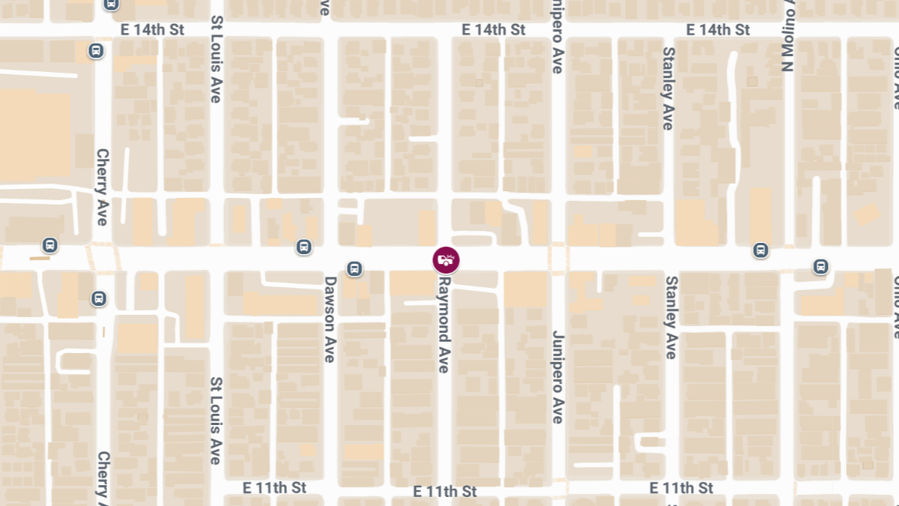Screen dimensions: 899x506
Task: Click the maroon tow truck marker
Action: [x=446, y=260]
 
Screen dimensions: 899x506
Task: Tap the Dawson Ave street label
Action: [x=330, y=319]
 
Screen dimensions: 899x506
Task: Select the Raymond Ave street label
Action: [x=444, y=325]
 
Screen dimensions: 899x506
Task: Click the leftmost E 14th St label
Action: [x=152, y=29]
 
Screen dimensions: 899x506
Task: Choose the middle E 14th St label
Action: [x=494, y=29]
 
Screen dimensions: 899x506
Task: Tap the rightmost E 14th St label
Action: [x=718, y=29]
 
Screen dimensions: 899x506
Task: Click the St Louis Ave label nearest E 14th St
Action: [x=217, y=59]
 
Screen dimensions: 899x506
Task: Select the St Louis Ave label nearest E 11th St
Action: [x=216, y=420]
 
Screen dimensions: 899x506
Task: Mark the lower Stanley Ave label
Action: [x=671, y=317]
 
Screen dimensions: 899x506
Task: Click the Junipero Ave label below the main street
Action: [x=557, y=376]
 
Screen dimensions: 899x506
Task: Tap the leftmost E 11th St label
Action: [x=274, y=487]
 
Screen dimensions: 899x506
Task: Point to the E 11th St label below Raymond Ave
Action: [x=445, y=491]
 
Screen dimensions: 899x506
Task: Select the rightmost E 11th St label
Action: [x=681, y=487]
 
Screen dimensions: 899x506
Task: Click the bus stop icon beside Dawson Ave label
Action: [x=354, y=268]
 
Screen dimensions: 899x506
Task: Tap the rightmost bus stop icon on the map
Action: [x=821, y=266]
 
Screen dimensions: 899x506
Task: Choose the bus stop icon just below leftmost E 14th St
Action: [x=96, y=51]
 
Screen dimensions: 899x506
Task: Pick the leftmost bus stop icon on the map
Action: [x=50, y=244]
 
